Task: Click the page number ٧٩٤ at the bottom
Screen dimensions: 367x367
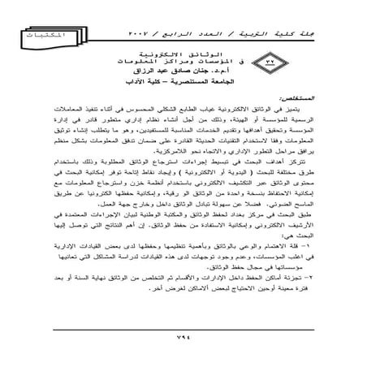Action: coord(183,339)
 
